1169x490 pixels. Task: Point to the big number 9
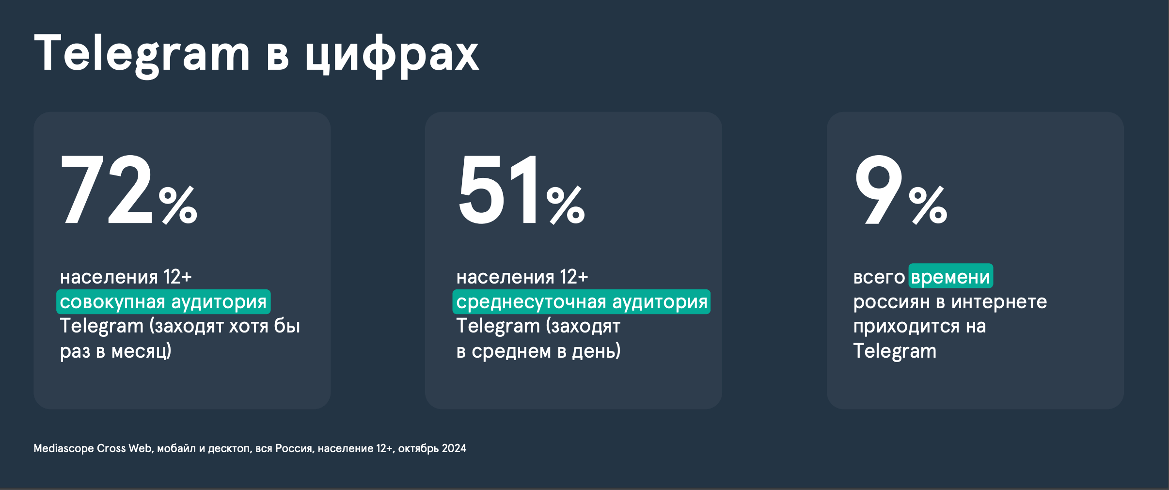(879, 190)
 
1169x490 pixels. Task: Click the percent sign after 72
(178, 205)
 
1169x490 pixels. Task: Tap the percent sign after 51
(566, 205)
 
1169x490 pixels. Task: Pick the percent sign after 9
(928, 205)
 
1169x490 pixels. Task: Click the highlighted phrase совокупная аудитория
(163, 302)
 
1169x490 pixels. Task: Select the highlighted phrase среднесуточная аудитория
(582, 302)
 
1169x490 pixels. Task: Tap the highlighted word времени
(950, 277)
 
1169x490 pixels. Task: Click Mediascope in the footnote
(63, 449)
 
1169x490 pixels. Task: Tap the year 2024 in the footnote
(454, 448)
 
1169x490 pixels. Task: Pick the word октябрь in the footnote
(419, 449)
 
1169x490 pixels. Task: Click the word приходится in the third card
(906, 327)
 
